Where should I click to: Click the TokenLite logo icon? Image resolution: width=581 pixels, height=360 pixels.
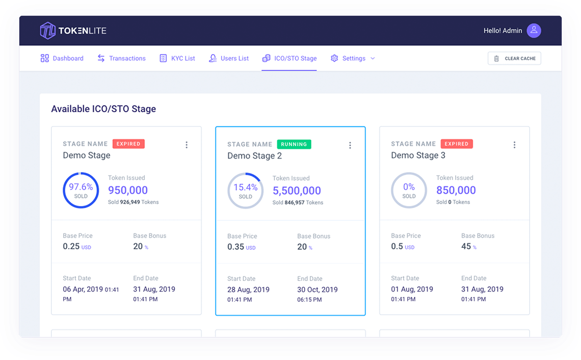coord(47,31)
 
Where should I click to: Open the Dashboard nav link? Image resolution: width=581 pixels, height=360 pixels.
coord(62,59)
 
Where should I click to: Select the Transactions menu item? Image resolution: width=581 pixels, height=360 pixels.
coord(122,59)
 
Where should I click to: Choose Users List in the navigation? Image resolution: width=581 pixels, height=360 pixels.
coord(229,59)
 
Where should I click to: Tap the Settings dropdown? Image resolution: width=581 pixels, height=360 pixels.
coord(353,59)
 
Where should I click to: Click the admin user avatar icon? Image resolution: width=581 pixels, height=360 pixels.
coord(534,31)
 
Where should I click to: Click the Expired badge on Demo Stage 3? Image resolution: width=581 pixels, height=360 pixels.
coord(456,144)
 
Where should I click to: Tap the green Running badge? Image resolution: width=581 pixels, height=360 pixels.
coord(294,144)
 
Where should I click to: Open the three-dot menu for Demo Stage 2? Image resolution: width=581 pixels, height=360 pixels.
coord(350,145)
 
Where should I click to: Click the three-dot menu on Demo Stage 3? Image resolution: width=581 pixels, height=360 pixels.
coord(514,145)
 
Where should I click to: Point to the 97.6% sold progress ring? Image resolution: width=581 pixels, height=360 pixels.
coord(81,190)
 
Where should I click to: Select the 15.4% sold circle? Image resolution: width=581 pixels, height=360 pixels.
coord(245,191)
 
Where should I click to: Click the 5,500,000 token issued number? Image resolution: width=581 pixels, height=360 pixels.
coord(297,191)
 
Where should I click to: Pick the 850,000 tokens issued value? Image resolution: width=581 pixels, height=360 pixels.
coord(456,190)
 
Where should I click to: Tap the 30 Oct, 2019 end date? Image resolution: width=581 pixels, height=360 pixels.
coord(317,290)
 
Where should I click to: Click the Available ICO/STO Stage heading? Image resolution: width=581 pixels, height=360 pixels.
coord(103,109)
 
